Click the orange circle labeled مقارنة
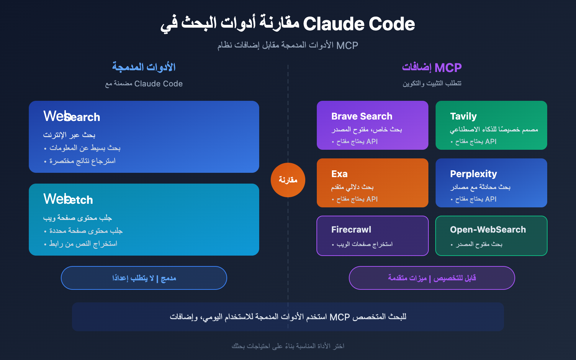click(288, 180)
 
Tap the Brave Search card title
click(361, 116)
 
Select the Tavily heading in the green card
click(463, 116)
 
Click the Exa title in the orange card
click(339, 174)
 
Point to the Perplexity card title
click(473, 174)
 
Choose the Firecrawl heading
click(351, 230)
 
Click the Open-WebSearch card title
click(487, 230)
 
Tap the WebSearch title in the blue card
click(72, 117)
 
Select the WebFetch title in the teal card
click(68, 199)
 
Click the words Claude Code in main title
click(359, 24)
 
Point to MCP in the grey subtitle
click(347, 45)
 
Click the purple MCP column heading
click(448, 68)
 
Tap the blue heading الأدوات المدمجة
click(144, 67)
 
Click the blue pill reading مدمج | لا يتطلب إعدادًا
click(144, 278)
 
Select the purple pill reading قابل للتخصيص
click(432, 278)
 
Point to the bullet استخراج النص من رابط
click(83, 244)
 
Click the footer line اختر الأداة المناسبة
click(288, 346)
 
